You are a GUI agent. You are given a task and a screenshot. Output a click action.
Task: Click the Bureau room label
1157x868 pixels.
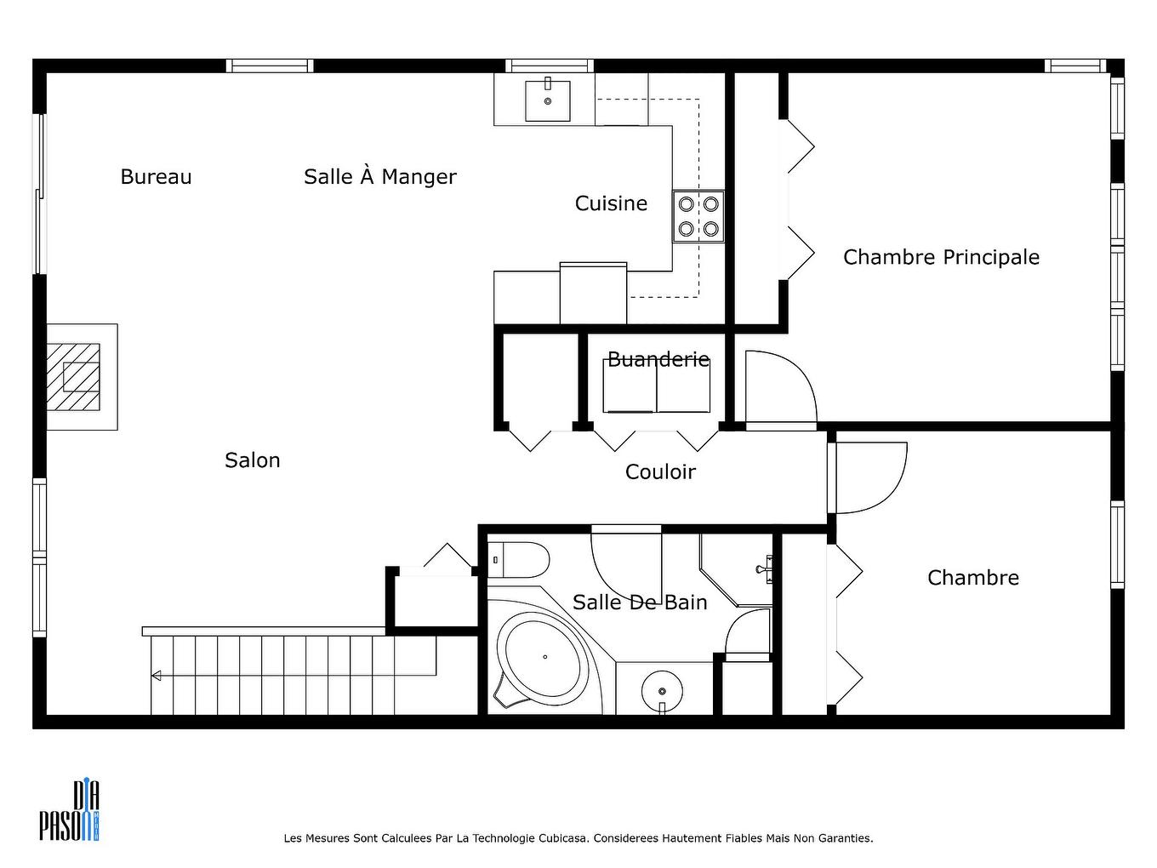point(156,177)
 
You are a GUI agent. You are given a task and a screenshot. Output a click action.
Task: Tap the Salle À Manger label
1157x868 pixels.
point(379,177)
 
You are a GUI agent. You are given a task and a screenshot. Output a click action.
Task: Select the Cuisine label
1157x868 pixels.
point(611,203)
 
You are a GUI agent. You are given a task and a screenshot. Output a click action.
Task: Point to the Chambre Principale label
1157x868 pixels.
point(941,257)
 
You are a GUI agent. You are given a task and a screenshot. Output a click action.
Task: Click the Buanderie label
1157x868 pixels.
point(658,360)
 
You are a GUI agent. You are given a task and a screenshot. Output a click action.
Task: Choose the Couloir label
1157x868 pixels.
point(660,472)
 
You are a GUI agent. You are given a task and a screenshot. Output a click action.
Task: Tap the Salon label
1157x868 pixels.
point(252,460)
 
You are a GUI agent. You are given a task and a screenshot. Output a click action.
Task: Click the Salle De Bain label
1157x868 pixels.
point(640,602)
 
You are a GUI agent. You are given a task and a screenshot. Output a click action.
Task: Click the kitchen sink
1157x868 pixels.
point(547,100)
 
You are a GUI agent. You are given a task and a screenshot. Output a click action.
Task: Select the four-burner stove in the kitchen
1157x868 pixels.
point(698,216)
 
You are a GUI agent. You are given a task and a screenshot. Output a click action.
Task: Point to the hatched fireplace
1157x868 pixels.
point(75,376)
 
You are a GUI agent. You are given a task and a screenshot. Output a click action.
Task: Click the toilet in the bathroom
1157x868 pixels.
point(520,559)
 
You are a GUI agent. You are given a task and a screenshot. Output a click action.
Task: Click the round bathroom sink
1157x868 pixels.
point(662,688)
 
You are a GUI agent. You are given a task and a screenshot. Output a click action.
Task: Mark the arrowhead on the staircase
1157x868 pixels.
point(157,676)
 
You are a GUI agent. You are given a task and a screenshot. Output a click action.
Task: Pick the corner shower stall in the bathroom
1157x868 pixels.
point(737,568)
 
